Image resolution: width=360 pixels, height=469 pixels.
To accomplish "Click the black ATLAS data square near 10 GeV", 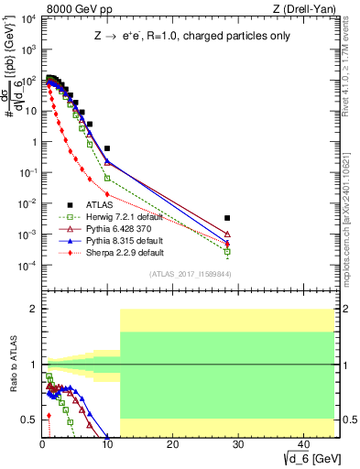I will [x=107, y=147].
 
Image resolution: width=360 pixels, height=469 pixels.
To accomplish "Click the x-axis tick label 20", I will [x=172, y=448].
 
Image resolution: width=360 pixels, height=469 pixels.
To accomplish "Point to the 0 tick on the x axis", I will [x=42, y=448].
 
